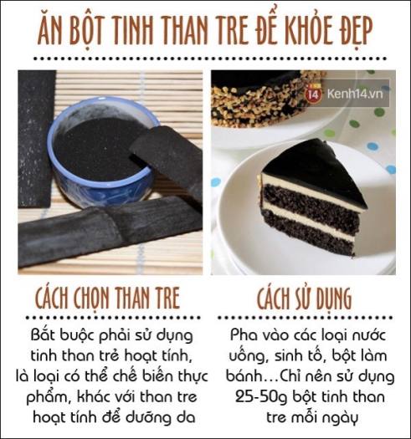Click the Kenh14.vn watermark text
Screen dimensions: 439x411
(x=354, y=94)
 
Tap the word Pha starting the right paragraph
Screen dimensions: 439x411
(x=243, y=334)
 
